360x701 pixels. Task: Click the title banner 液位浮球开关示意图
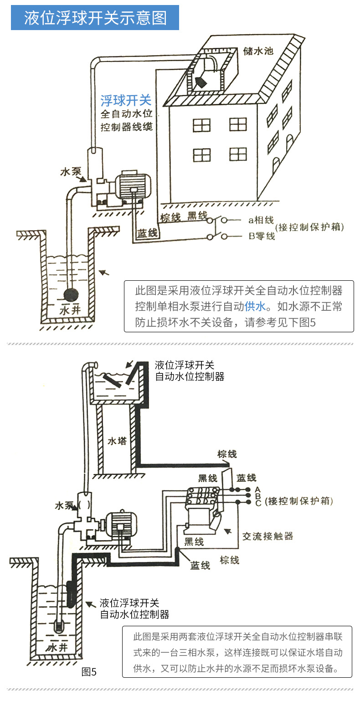(x=95, y=18)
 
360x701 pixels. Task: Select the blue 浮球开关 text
(x=126, y=100)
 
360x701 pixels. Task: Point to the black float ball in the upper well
(x=71, y=294)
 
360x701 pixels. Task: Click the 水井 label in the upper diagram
(x=71, y=312)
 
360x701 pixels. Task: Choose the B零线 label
(x=262, y=236)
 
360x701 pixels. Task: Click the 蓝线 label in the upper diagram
(x=148, y=234)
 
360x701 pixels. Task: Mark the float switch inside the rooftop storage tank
(x=201, y=82)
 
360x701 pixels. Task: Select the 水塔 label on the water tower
(x=116, y=441)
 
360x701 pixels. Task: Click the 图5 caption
(x=89, y=671)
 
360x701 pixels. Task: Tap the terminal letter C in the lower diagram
(x=257, y=503)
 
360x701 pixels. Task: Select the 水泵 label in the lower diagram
(x=64, y=506)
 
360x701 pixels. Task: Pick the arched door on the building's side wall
(x=276, y=164)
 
